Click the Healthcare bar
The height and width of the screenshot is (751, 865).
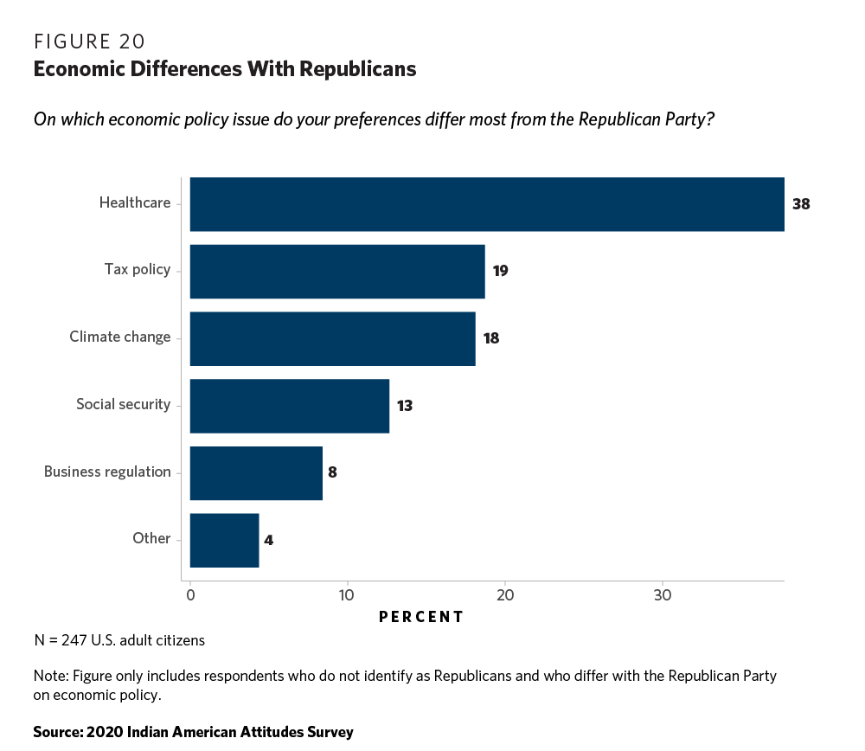click(486, 204)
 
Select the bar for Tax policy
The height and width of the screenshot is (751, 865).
click(336, 272)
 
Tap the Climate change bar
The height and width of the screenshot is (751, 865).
click(332, 338)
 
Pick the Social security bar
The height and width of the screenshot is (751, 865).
click(289, 406)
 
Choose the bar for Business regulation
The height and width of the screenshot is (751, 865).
click(255, 473)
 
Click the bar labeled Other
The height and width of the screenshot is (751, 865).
click(224, 540)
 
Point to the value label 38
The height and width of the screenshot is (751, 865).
click(801, 205)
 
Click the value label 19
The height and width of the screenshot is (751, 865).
click(500, 271)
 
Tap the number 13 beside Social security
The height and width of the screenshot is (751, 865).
click(404, 405)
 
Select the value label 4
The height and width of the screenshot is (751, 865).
click(269, 540)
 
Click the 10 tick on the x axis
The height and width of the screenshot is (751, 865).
click(347, 596)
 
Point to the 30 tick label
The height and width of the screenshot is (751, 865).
click(663, 596)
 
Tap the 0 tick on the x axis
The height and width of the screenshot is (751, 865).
click(190, 596)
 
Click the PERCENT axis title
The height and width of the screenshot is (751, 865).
click(421, 617)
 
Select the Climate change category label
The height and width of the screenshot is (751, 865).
click(120, 337)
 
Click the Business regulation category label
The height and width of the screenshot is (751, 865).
click(107, 472)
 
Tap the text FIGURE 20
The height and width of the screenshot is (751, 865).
click(89, 42)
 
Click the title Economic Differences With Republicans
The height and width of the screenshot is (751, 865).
click(225, 69)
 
